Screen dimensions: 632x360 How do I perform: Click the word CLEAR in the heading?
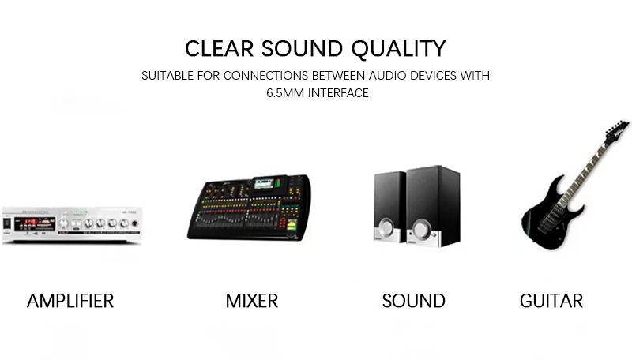tap(219, 49)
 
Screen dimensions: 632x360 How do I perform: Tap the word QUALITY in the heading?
tap(399, 50)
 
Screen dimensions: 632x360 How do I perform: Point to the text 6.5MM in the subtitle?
tap(285, 93)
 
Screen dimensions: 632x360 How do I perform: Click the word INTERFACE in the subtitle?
tap(338, 93)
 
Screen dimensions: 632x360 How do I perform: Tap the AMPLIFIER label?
tap(70, 302)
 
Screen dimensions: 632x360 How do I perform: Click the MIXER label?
tap(252, 302)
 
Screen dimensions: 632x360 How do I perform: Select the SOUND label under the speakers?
tap(413, 302)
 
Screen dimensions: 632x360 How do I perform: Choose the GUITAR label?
tap(551, 302)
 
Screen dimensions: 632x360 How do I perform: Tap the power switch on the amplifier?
tap(7, 223)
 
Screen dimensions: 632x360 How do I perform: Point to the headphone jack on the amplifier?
tap(134, 223)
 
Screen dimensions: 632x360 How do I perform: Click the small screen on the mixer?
tap(264, 183)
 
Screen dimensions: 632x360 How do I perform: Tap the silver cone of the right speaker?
tap(422, 229)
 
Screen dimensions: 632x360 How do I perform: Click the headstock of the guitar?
tap(617, 129)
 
